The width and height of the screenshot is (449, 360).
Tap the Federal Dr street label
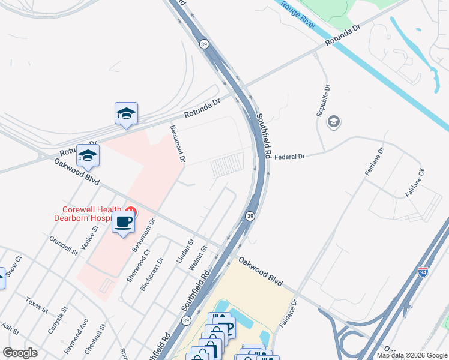click(x=290, y=157)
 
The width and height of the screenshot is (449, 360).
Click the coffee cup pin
click(x=124, y=223)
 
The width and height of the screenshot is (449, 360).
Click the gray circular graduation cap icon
click(x=333, y=122)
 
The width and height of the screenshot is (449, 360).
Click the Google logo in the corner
click(x=20, y=353)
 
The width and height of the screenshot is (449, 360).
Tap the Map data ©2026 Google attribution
click(x=411, y=355)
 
